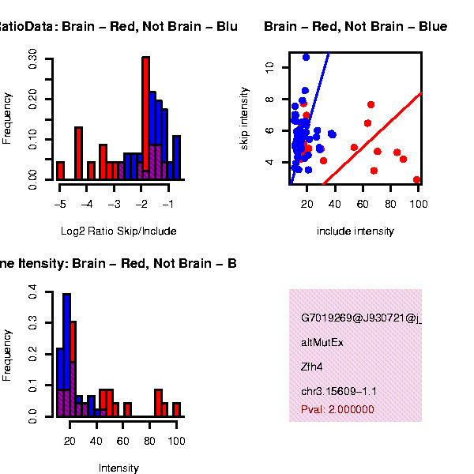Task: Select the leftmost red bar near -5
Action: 60,171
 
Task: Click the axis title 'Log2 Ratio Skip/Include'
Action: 118,231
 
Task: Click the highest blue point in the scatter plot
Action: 306,57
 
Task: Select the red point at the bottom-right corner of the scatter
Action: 416,180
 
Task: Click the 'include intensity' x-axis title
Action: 355,231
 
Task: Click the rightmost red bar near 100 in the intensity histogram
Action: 177,409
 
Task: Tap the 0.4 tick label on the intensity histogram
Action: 32,293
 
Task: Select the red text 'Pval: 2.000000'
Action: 337,409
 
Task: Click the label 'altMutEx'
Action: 322,343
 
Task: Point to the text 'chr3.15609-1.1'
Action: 339,391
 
